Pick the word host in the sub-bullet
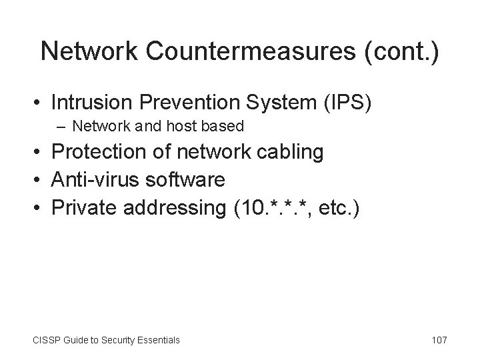click(173, 126)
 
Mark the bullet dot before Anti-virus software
click(39, 180)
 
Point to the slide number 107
click(439, 340)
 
